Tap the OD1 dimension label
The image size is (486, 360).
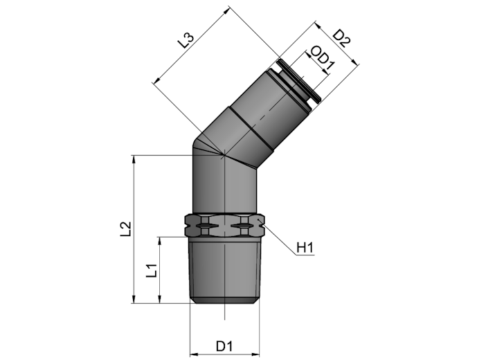323,59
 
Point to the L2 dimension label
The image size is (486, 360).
126,229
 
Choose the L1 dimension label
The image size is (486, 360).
152,271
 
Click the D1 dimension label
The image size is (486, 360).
224,346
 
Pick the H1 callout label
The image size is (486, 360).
305,248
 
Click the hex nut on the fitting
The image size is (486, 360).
224,225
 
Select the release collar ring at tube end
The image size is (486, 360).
299,80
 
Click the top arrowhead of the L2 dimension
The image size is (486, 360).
134,159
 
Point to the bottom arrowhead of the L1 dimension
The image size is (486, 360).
159,299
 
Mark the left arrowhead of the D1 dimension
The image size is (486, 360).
193,354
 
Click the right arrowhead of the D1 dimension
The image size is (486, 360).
255,354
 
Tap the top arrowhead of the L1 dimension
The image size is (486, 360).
159,241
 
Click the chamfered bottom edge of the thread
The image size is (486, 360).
224,300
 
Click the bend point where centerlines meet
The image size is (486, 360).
224,154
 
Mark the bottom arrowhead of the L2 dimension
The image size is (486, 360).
134,299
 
